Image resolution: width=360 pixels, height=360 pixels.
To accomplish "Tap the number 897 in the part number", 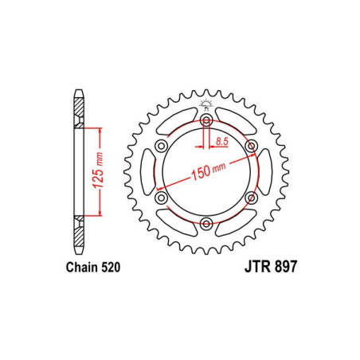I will [284, 269].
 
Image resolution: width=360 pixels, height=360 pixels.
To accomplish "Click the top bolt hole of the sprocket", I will [206, 121].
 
